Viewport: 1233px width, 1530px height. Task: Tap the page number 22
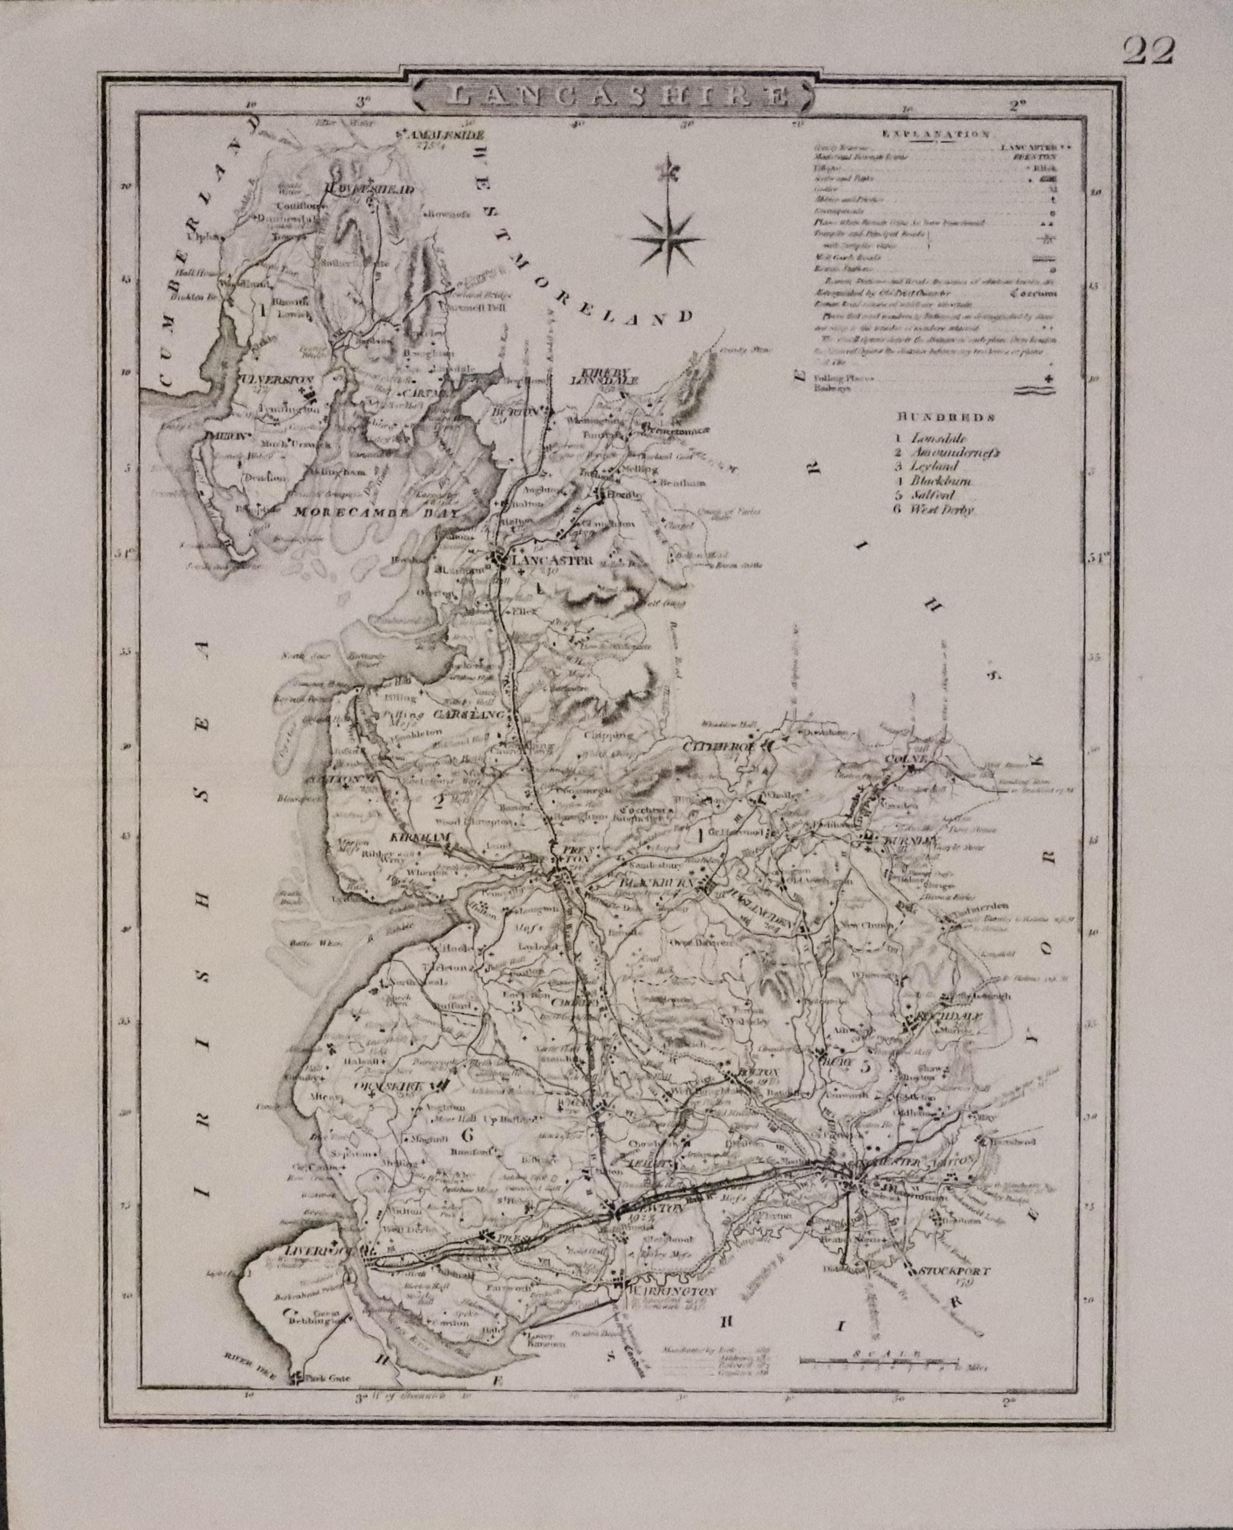tap(1149, 51)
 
